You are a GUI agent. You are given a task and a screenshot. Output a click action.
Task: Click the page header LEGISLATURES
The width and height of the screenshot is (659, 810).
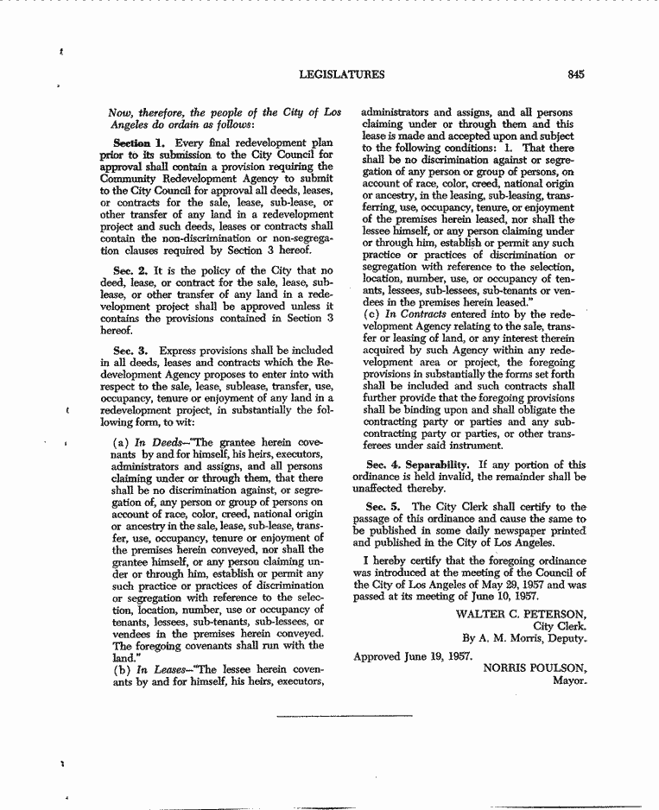(x=341, y=75)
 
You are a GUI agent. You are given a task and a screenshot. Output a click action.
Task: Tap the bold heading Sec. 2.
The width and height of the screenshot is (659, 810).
(x=128, y=269)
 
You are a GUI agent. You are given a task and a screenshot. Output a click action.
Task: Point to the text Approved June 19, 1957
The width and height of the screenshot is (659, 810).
(x=413, y=656)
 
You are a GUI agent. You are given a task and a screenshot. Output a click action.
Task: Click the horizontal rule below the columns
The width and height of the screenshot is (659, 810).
(x=345, y=716)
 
